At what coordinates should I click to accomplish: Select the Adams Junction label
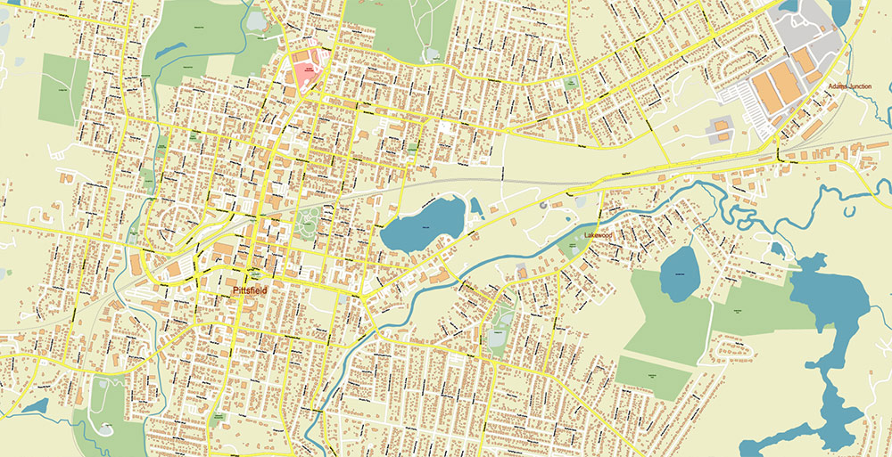(849, 86)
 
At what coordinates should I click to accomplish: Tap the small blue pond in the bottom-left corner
(36, 406)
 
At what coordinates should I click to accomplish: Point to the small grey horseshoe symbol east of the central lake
(542, 205)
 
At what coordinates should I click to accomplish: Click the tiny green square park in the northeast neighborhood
(570, 82)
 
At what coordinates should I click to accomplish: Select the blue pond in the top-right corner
(838, 11)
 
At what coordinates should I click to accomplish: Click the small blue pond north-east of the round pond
(776, 249)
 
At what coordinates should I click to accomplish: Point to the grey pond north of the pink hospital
(258, 19)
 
